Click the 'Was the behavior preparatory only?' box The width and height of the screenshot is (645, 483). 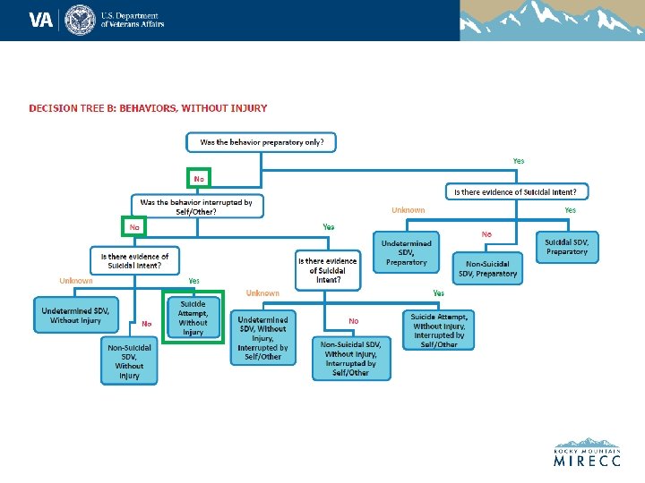(x=262, y=141)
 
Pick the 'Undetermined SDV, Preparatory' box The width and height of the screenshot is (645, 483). (x=407, y=253)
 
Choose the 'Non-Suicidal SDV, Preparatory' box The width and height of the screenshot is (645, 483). (x=485, y=268)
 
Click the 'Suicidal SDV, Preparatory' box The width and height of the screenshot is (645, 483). (x=567, y=246)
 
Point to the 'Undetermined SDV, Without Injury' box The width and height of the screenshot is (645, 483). (x=76, y=315)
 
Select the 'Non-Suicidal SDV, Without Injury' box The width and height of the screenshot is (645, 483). (x=129, y=361)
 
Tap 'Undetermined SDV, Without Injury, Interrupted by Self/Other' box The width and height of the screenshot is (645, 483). (x=262, y=337)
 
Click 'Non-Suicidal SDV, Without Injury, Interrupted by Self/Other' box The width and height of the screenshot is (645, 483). (x=352, y=358)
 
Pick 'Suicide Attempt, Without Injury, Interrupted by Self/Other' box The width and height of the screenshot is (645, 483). (x=439, y=330)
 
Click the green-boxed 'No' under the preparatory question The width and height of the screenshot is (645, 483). (x=198, y=178)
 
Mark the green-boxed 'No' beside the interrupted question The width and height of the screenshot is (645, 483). (x=133, y=227)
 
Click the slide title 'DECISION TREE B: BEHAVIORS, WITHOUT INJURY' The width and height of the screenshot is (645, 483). (x=148, y=108)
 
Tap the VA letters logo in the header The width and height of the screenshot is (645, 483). (x=41, y=19)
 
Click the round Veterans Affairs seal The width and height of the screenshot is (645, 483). (x=81, y=19)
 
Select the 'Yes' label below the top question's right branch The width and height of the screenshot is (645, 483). (x=519, y=161)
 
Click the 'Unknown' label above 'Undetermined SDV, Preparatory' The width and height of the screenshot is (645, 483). (x=408, y=210)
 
